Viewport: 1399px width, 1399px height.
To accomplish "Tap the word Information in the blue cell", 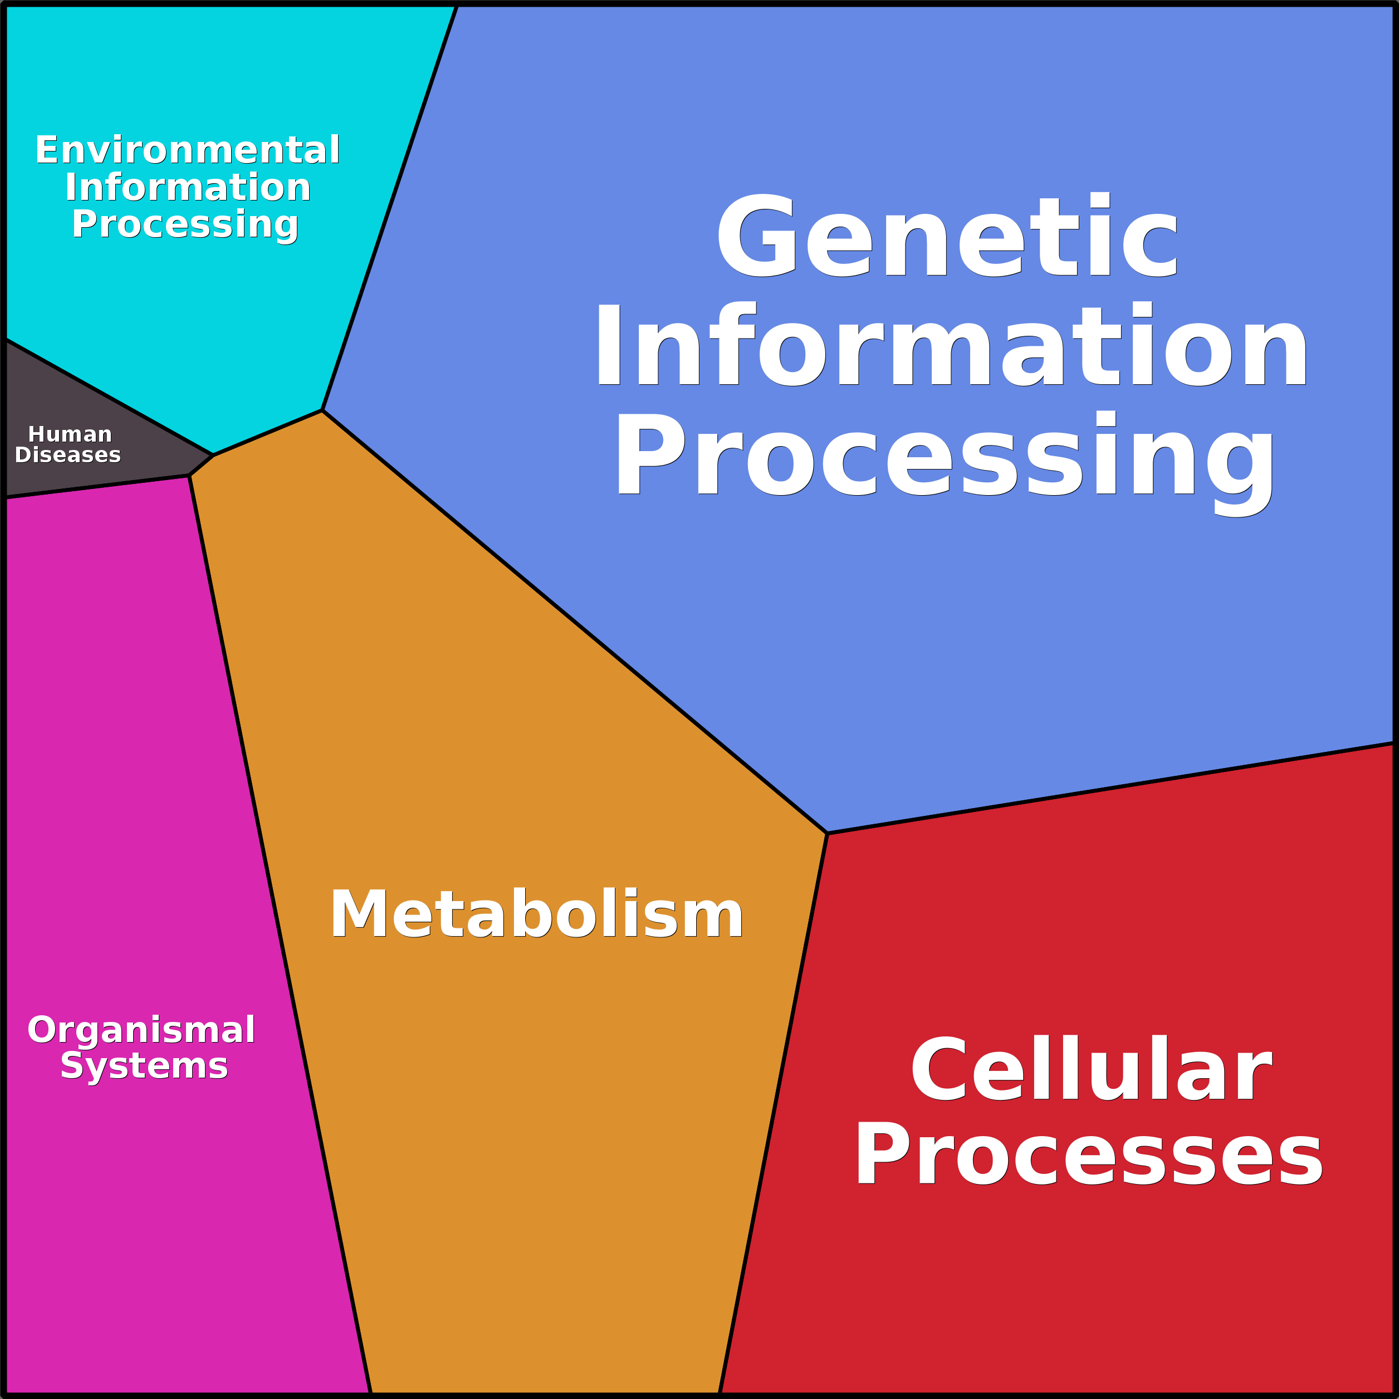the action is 951,345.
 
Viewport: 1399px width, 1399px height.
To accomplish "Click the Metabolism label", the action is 536,914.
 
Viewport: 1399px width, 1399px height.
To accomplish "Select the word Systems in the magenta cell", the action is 144,1067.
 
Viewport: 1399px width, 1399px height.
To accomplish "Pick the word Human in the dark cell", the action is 70,434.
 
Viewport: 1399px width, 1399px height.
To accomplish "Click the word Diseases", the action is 67,455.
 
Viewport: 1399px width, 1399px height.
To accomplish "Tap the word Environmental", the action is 188,150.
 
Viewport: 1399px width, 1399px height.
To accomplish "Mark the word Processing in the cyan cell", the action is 185,225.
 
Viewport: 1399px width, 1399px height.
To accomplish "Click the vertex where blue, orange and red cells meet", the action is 827,834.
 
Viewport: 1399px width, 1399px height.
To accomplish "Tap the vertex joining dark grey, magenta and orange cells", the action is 189,475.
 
